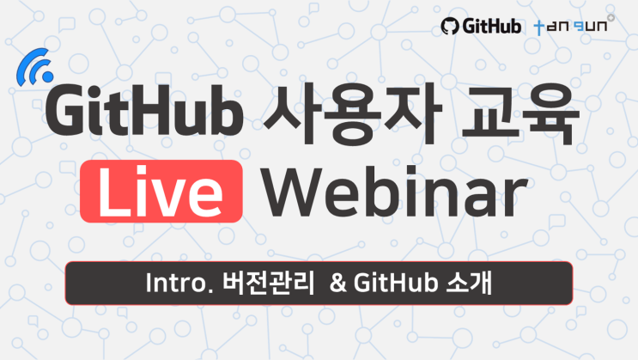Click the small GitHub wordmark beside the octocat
pos(492,27)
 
